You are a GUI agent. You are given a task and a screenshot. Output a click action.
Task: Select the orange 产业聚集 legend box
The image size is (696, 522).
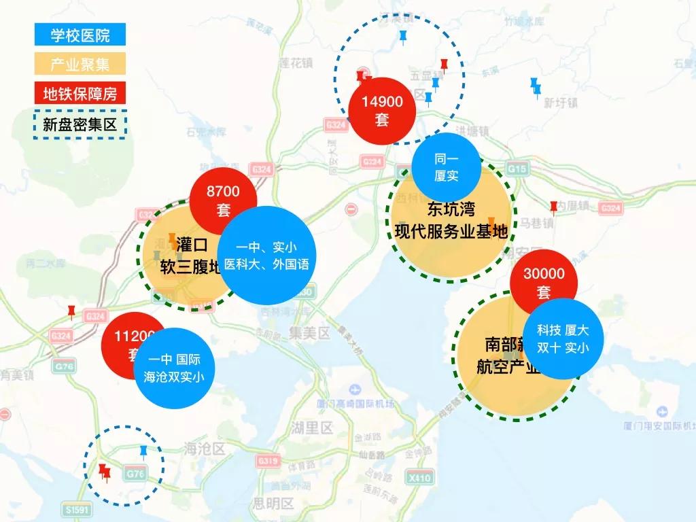point(80,65)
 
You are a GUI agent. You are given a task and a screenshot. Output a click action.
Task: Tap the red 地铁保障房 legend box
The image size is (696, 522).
point(80,94)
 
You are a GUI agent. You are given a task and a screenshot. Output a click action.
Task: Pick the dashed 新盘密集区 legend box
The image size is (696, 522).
point(80,124)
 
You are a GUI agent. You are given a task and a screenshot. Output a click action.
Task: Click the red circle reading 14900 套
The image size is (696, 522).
point(383,110)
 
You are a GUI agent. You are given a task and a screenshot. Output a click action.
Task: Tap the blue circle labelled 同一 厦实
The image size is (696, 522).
point(447,167)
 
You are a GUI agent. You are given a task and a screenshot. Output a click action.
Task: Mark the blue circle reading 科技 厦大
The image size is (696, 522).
point(563,339)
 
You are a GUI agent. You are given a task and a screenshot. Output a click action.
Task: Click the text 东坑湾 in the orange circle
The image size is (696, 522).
point(451,209)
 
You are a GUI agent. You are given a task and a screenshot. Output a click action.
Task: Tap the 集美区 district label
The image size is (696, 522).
point(309,334)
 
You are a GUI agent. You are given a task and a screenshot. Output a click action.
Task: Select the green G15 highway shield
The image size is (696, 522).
point(517,168)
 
